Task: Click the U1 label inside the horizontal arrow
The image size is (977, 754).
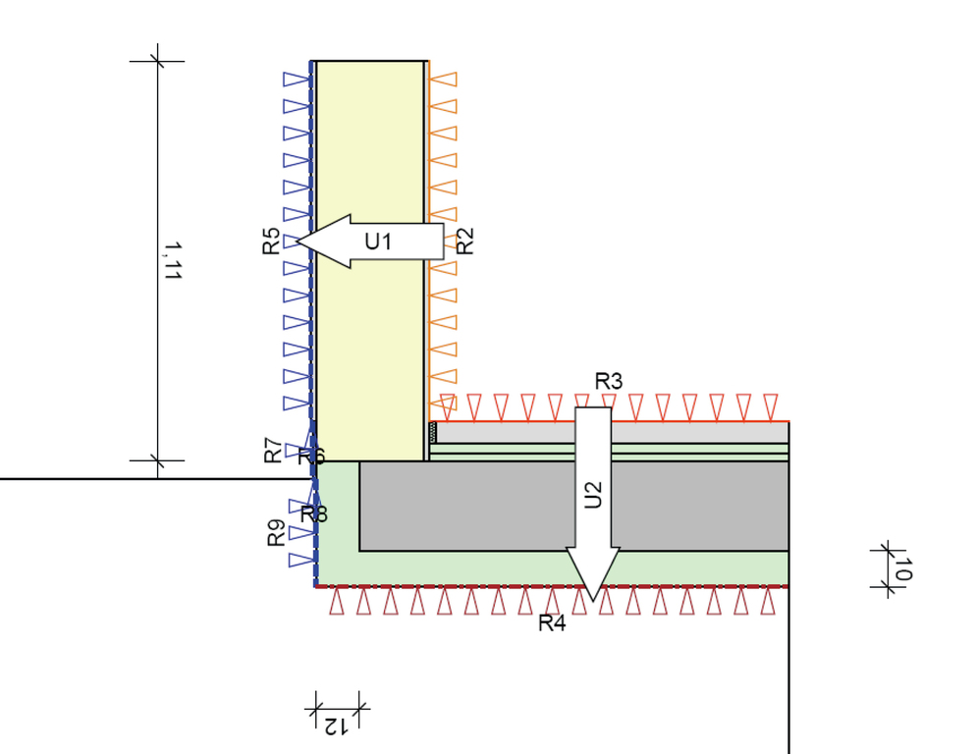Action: click(378, 241)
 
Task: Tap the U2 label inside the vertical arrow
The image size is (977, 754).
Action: click(592, 494)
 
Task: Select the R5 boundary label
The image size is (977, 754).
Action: click(272, 242)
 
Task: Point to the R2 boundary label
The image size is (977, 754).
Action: click(466, 241)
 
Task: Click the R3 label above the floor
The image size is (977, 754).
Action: click(609, 381)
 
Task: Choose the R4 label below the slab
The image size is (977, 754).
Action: click(552, 622)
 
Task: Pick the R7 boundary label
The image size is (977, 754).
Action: click(273, 451)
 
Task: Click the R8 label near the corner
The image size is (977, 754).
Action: click(314, 513)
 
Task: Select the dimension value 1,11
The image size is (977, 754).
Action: click(173, 262)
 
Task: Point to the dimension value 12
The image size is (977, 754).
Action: click(336, 726)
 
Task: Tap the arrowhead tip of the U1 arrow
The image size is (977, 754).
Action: click(298, 241)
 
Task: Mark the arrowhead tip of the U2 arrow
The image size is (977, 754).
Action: click(592, 600)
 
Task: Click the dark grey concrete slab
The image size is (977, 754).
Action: click(471, 506)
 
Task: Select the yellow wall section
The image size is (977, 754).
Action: click(370, 147)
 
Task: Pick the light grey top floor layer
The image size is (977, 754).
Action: click(687, 432)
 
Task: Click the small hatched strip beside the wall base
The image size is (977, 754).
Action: click(433, 432)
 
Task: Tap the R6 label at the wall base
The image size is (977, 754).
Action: click(311, 457)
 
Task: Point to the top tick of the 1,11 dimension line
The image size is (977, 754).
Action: click(157, 61)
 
